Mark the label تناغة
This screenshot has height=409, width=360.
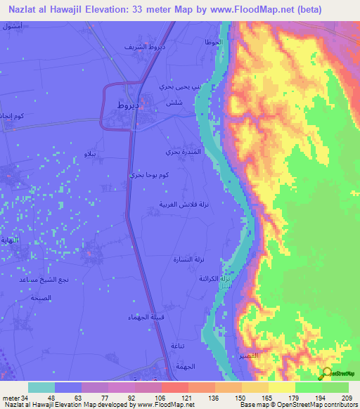pos(178,344)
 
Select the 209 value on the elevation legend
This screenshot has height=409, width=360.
pos(347,397)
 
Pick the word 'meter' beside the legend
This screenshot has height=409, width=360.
pos(11,397)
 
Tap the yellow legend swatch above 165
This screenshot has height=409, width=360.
pos(255,387)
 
